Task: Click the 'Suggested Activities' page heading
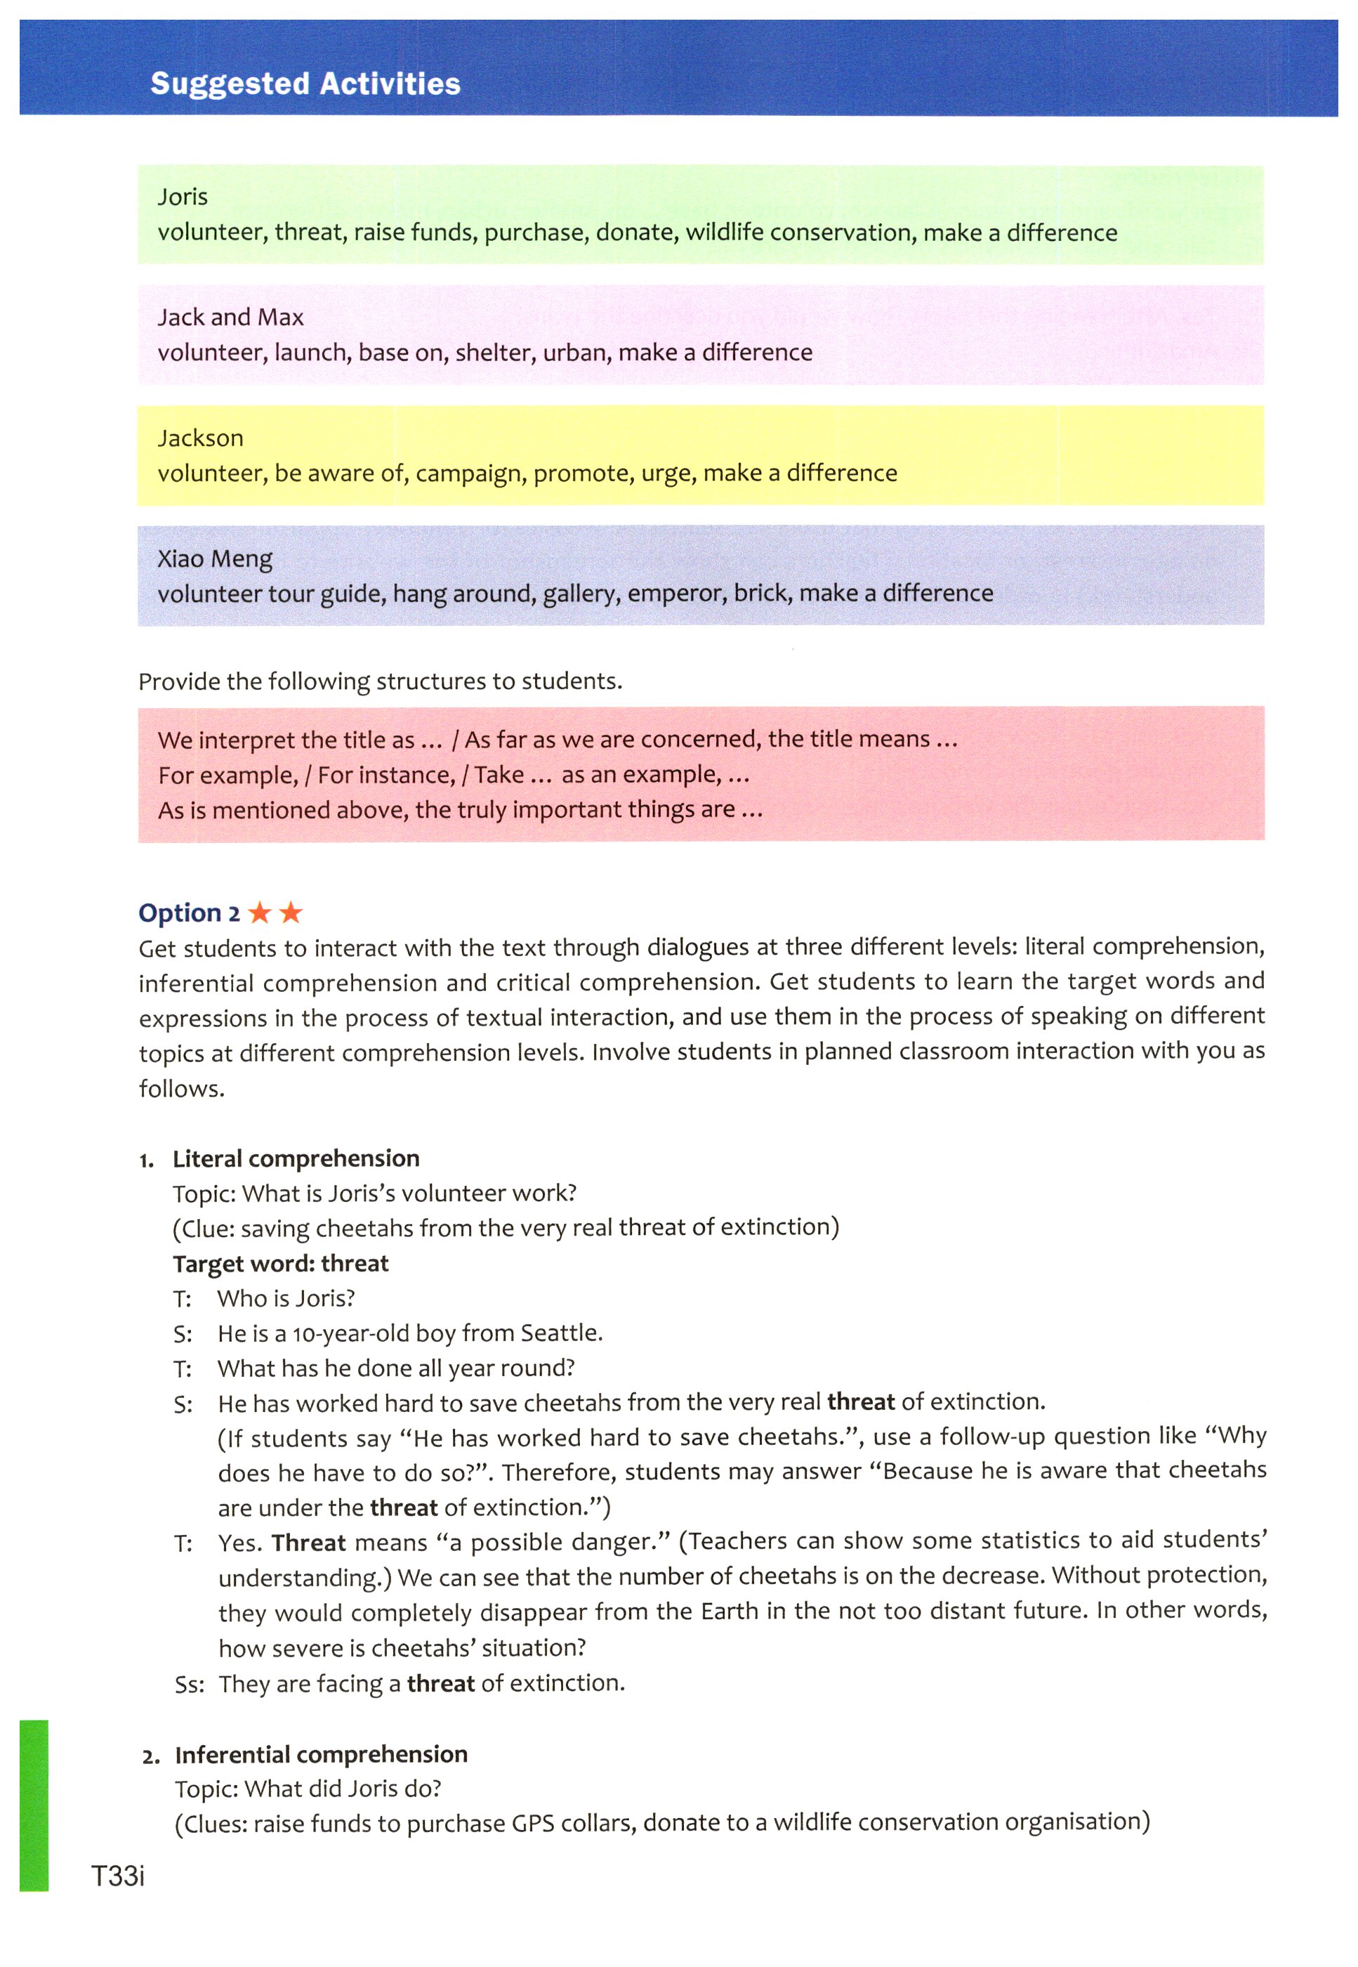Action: point(305,84)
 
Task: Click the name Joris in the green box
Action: point(182,197)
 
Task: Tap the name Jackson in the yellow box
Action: point(200,438)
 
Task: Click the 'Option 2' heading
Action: point(189,913)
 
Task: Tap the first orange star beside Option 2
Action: point(260,913)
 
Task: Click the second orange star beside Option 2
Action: point(291,913)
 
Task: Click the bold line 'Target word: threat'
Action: point(280,1263)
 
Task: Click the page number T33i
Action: point(118,1875)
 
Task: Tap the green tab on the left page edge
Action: point(34,1805)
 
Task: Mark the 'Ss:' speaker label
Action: point(189,1685)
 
